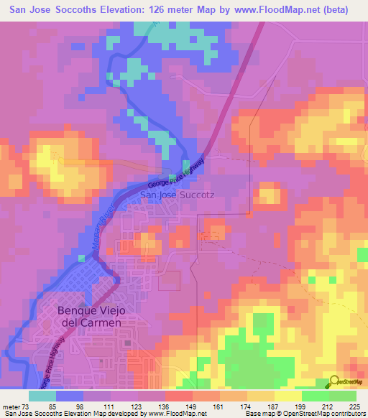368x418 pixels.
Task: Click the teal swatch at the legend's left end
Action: [42, 396]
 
